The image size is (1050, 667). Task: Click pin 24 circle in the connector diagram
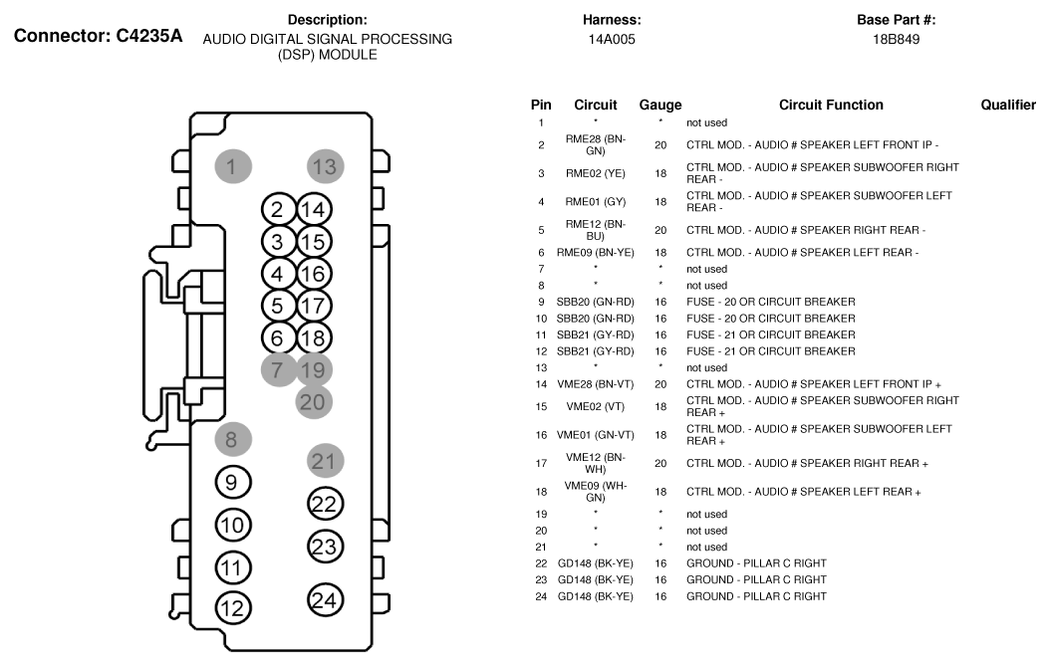click(x=325, y=600)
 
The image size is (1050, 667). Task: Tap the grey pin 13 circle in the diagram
click(x=326, y=166)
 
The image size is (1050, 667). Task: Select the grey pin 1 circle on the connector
click(x=233, y=166)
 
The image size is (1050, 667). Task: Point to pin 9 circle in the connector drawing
click(x=233, y=483)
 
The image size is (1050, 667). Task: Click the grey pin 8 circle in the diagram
click(x=233, y=440)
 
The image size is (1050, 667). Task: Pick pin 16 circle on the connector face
click(x=314, y=274)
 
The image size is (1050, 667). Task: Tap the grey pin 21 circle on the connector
click(x=326, y=461)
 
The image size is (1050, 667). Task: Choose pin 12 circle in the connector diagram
click(x=233, y=608)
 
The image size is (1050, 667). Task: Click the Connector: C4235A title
click(x=98, y=36)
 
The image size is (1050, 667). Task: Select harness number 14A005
click(x=612, y=40)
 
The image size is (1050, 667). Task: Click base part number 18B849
click(x=896, y=40)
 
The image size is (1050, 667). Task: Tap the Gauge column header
click(x=660, y=106)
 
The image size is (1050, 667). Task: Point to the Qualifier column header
click(x=1008, y=106)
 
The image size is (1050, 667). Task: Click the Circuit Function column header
click(x=831, y=106)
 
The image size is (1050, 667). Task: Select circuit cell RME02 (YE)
click(x=596, y=173)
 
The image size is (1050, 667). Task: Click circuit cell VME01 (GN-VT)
click(x=596, y=435)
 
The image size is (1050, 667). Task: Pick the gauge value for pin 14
click(x=660, y=384)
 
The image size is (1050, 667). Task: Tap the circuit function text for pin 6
click(x=802, y=253)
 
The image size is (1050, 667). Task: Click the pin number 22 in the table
click(x=541, y=563)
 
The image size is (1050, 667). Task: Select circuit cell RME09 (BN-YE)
click(x=596, y=253)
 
